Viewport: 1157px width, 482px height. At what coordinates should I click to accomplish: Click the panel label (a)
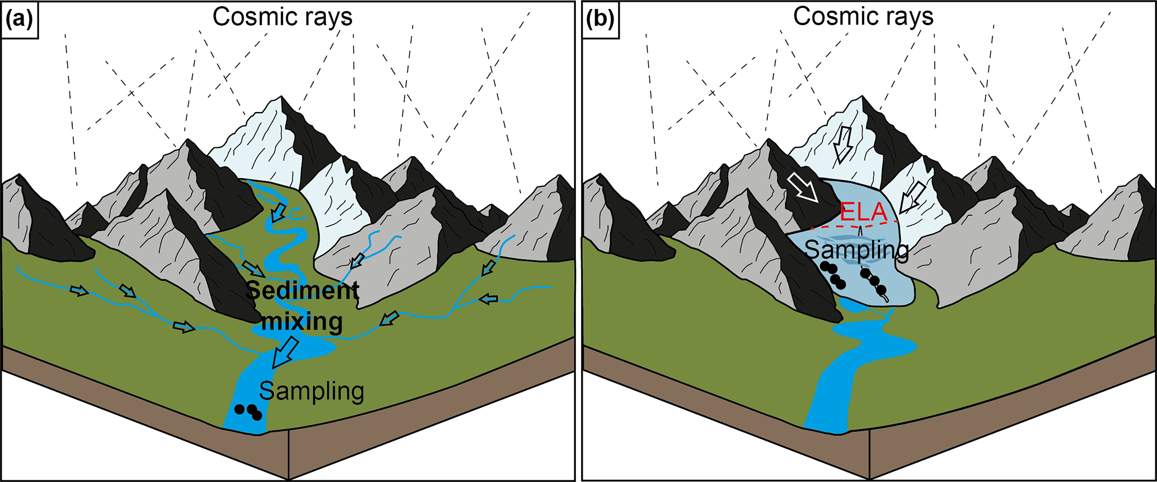click(x=19, y=20)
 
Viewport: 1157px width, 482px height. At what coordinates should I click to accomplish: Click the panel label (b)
click(x=600, y=20)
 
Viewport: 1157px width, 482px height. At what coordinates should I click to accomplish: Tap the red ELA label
click(x=864, y=212)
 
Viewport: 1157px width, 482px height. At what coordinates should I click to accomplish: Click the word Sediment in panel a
click(x=302, y=290)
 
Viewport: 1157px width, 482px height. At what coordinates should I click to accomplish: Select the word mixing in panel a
click(x=302, y=322)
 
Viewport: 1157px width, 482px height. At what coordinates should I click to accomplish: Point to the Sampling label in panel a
click(x=312, y=391)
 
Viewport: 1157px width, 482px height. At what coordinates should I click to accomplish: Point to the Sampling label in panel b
click(x=857, y=250)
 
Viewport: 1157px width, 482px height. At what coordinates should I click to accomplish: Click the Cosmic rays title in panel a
click(x=282, y=17)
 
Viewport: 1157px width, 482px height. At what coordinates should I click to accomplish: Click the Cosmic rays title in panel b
click(x=863, y=17)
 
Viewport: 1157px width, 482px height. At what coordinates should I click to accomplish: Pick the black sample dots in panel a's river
click(x=248, y=411)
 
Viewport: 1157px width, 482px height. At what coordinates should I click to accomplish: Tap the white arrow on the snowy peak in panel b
click(x=841, y=145)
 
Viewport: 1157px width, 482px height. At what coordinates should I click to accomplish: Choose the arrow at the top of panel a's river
click(x=279, y=212)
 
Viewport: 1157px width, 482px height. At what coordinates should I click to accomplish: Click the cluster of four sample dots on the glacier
click(x=833, y=275)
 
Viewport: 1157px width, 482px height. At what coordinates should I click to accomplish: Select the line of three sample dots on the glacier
click(x=874, y=281)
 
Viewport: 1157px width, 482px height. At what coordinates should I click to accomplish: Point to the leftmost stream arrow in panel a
click(x=79, y=290)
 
